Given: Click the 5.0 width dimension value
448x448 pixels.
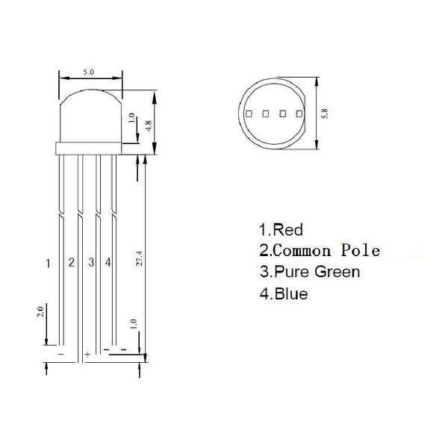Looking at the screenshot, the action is click(x=89, y=72).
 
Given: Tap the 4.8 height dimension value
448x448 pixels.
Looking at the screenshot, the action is click(x=149, y=126).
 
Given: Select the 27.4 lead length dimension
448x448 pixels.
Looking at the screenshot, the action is click(x=139, y=258).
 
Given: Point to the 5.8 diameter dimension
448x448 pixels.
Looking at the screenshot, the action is click(x=324, y=113).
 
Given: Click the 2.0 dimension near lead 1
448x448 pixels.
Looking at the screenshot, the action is click(x=40, y=311).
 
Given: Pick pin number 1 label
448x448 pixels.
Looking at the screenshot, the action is click(x=48, y=263).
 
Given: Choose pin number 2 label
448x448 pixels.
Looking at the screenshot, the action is click(x=72, y=262).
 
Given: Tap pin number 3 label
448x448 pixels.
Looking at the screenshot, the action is click(x=91, y=262).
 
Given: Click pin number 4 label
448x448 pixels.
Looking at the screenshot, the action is click(x=108, y=262).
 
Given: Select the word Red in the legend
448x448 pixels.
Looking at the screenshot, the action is click(x=287, y=230).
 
